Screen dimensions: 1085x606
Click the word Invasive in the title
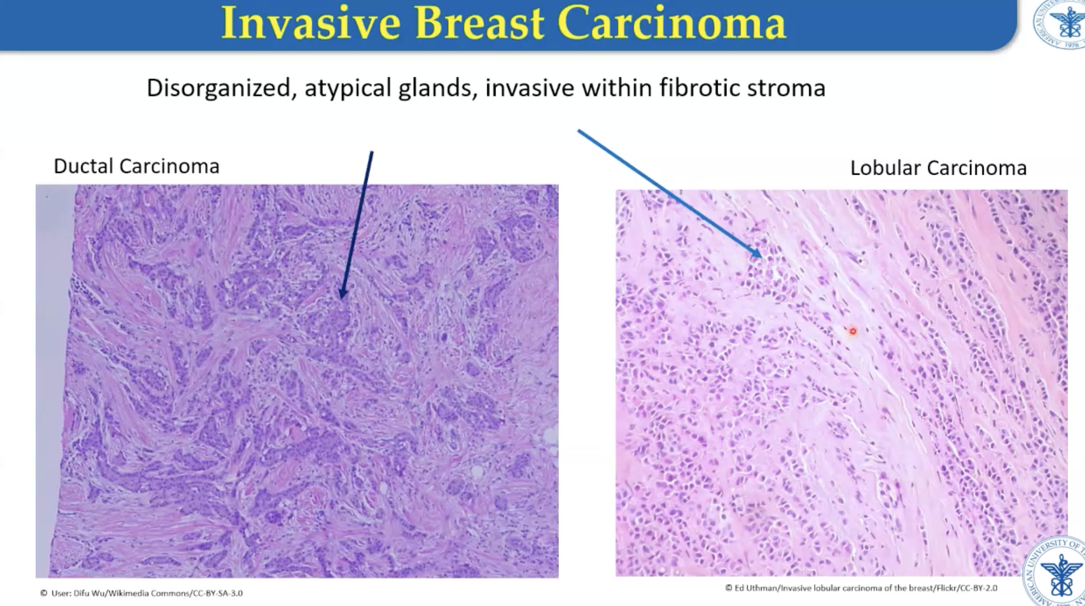pos(310,23)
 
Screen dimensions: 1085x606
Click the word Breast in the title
pos(479,23)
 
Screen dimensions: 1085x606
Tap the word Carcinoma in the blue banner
pos(672,23)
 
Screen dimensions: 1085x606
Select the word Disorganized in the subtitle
pos(219,89)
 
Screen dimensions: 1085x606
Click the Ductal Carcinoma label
pos(136,166)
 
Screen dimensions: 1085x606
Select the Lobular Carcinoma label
pos(938,168)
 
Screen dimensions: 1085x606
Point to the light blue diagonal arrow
pos(670,194)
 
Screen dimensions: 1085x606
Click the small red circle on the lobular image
pos(853,331)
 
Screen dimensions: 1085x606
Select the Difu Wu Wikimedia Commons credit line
pos(141,593)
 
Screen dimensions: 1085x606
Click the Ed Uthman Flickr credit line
pos(861,588)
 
